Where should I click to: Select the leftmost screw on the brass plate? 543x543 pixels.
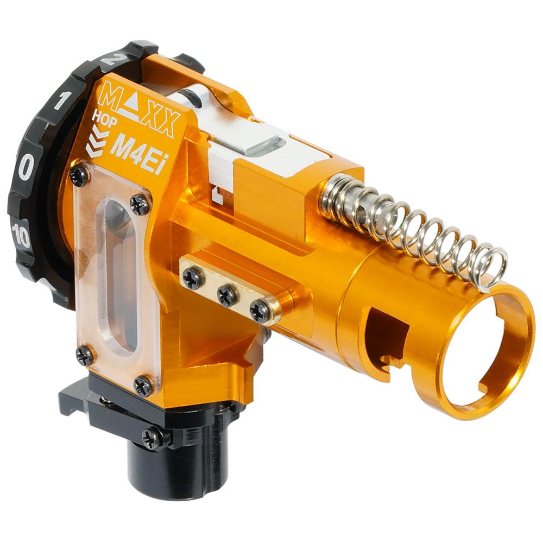click(x=193, y=279)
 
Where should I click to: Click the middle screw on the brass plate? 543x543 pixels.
click(x=227, y=295)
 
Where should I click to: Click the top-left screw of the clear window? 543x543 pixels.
click(x=80, y=175)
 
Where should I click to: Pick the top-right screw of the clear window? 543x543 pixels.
click(x=139, y=204)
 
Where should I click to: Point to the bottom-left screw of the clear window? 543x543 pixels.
click(x=84, y=356)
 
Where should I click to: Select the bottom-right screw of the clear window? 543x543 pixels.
click(x=144, y=386)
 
